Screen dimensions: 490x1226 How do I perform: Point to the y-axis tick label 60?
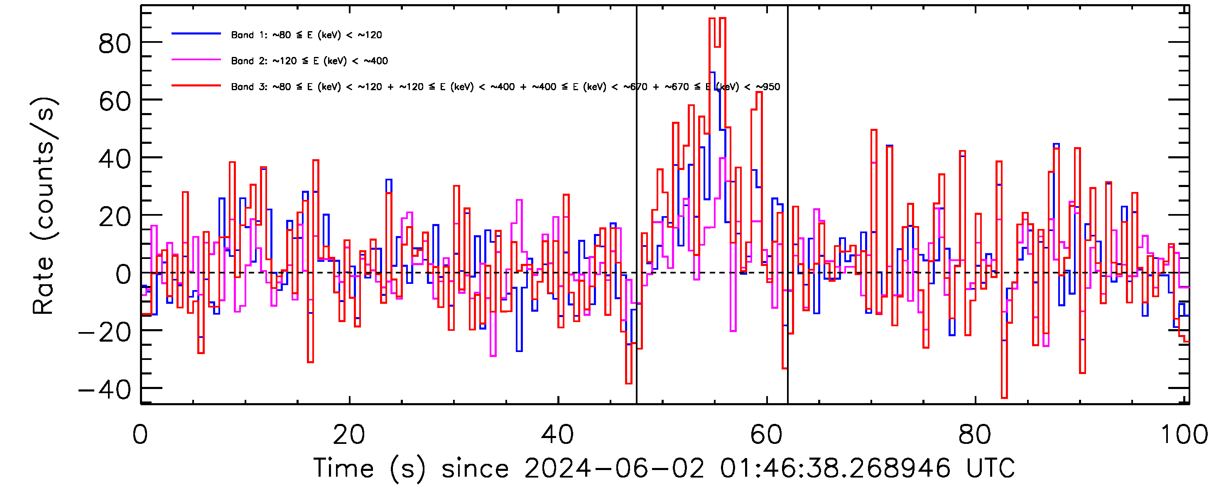click(114, 101)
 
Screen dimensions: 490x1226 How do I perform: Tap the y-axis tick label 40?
click(114, 159)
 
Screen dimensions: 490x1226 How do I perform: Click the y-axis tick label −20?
click(105, 332)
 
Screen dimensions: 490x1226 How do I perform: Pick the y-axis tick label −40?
click(105, 391)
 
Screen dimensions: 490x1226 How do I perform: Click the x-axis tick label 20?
click(349, 435)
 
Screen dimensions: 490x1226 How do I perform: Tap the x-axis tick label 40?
click(557, 435)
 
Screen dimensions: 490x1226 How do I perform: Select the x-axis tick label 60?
click(766, 435)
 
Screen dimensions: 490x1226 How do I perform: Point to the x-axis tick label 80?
click(975, 435)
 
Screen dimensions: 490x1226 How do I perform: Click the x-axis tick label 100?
click(1184, 435)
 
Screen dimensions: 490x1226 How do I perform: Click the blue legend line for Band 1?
click(196, 34)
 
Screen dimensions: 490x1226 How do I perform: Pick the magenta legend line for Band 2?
click(196, 60)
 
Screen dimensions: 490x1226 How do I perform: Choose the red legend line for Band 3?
click(196, 86)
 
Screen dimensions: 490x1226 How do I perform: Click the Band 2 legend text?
click(309, 61)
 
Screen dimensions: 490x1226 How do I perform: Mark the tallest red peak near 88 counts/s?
click(712, 19)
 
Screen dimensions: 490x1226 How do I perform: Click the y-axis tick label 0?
click(123, 275)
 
